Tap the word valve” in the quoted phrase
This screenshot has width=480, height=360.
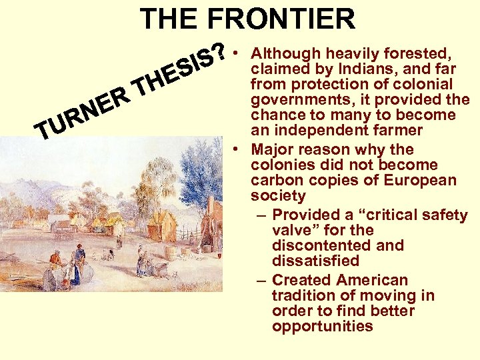297,230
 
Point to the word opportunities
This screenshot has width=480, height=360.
322,326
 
